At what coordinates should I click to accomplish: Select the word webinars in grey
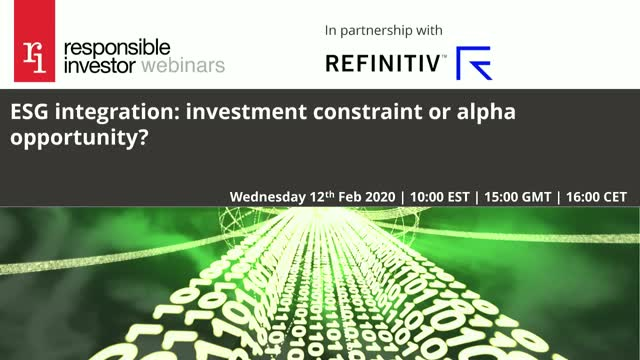tap(184, 66)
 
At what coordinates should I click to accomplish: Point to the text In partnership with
tap(384, 30)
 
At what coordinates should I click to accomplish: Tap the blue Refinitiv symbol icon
tap(473, 63)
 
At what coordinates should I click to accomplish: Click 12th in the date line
tap(333, 195)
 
